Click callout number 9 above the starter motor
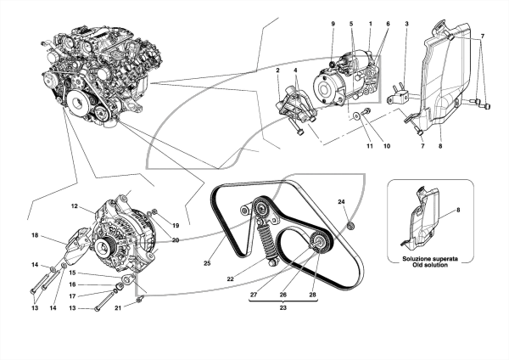(x=333, y=24)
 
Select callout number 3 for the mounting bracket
(x=406, y=24)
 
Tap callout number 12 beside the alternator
(x=75, y=205)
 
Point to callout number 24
(x=341, y=202)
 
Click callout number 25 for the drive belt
(x=207, y=263)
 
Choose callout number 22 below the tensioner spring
(x=231, y=278)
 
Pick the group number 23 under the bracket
(x=283, y=307)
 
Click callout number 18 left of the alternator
(x=35, y=234)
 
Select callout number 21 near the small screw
(x=118, y=307)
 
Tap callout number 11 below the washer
(x=370, y=146)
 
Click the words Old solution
(x=430, y=265)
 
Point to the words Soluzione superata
(x=430, y=259)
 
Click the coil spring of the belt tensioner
(x=267, y=239)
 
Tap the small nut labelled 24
(x=350, y=225)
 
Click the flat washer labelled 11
(x=356, y=115)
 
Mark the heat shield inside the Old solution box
(x=421, y=218)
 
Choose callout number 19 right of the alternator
(x=176, y=225)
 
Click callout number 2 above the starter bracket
(x=278, y=70)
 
